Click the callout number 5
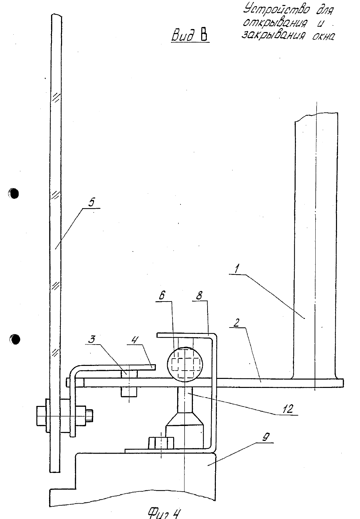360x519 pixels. point(92,202)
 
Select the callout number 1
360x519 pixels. point(237,269)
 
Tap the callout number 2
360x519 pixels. point(236,323)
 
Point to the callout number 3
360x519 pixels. point(92,339)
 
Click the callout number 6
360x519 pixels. point(162,296)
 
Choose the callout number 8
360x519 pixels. point(199,296)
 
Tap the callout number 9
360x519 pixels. point(266,437)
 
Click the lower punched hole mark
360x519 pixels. point(15,340)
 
